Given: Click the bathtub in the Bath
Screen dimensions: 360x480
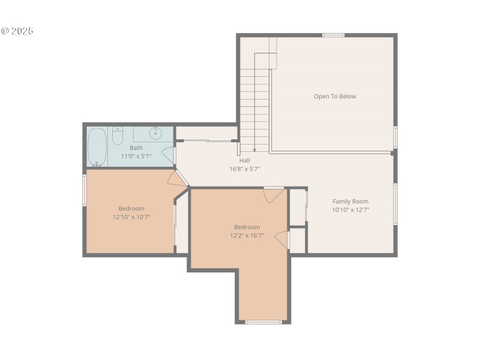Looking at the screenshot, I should pyautogui.click(x=97, y=147).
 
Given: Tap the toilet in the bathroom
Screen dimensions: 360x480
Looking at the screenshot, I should pyautogui.click(x=118, y=137).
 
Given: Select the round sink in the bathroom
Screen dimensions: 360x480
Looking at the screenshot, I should pyautogui.click(x=155, y=133).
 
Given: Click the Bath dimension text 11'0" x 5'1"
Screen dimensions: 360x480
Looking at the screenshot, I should pyautogui.click(x=136, y=156).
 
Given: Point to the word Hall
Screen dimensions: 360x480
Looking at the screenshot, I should pyautogui.click(x=244, y=160).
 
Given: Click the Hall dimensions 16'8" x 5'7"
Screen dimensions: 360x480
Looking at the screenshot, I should pyautogui.click(x=244, y=169).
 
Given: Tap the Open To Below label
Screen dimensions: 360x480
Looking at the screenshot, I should pyautogui.click(x=335, y=96).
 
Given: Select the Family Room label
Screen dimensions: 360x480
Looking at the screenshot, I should pyautogui.click(x=350, y=202).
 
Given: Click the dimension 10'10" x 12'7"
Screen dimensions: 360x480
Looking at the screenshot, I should pyautogui.click(x=350, y=210).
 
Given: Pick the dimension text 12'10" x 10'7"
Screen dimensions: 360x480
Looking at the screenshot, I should pyautogui.click(x=131, y=217).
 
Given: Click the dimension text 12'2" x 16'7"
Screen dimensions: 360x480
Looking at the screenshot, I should pyautogui.click(x=247, y=235).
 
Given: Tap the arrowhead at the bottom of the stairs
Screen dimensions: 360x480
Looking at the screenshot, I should pyautogui.click(x=254, y=149).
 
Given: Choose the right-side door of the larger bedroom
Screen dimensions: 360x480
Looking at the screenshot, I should pyautogui.click(x=281, y=239).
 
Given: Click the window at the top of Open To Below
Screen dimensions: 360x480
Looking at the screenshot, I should pyautogui.click(x=333, y=35).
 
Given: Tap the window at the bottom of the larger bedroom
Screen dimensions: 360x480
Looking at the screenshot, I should pyautogui.click(x=263, y=322).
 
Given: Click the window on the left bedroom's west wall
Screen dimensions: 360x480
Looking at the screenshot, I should pyautogui.click(x=85, y=190).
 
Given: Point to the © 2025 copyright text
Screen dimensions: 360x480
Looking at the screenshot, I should pyautogui.click(x=17, y=31).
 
